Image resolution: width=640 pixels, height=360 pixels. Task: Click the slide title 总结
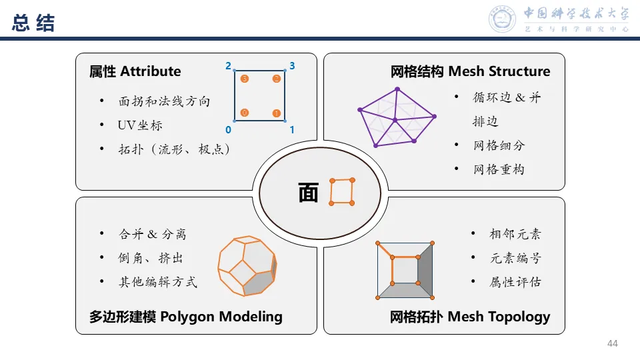click(33, 23)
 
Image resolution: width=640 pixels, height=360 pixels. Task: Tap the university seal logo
click(503, 19)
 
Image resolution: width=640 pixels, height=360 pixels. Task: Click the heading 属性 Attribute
click(135, 71)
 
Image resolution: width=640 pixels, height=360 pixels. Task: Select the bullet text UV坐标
click(140, 125)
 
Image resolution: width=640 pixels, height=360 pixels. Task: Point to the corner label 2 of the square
click(228, 66)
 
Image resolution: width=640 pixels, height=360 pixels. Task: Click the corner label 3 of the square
click(292, 66)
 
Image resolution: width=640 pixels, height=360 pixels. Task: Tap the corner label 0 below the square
click(228, 130)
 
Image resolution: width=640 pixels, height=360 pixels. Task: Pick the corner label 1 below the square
click(292, 130)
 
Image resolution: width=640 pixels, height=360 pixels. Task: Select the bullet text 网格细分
click(499, 145)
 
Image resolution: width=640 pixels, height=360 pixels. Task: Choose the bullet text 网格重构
click(499, 169)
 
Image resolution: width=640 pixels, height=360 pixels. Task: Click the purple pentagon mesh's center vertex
click(395, 121)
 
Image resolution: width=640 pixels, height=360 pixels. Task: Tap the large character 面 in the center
click(308, 193)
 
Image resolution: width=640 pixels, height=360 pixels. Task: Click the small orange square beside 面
click(342, 192)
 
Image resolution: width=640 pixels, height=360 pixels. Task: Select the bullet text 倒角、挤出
click(151, 258)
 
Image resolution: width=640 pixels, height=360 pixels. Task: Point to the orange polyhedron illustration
click(247, 265)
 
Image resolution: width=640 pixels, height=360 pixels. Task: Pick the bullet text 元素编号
click(515, 258)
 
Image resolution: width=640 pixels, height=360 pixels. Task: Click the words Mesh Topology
click(499, 317)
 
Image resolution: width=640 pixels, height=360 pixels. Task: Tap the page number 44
click(613, 343)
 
